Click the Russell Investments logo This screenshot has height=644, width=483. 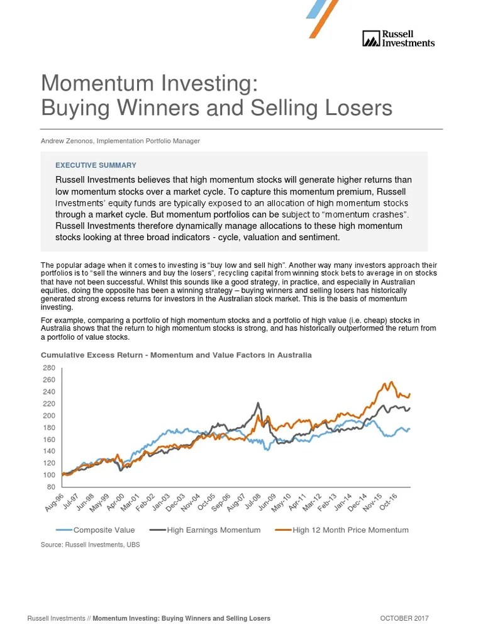click(398, 38)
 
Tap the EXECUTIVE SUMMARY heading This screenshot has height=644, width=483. click(96, 165)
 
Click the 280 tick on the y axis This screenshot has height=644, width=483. click(49, 368)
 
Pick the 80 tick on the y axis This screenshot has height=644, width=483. click(51, 487)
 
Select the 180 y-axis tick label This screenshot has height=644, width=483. click(49, 428)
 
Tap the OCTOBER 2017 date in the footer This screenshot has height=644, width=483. click(404, 619)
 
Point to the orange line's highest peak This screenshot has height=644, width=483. click(391, 382)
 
